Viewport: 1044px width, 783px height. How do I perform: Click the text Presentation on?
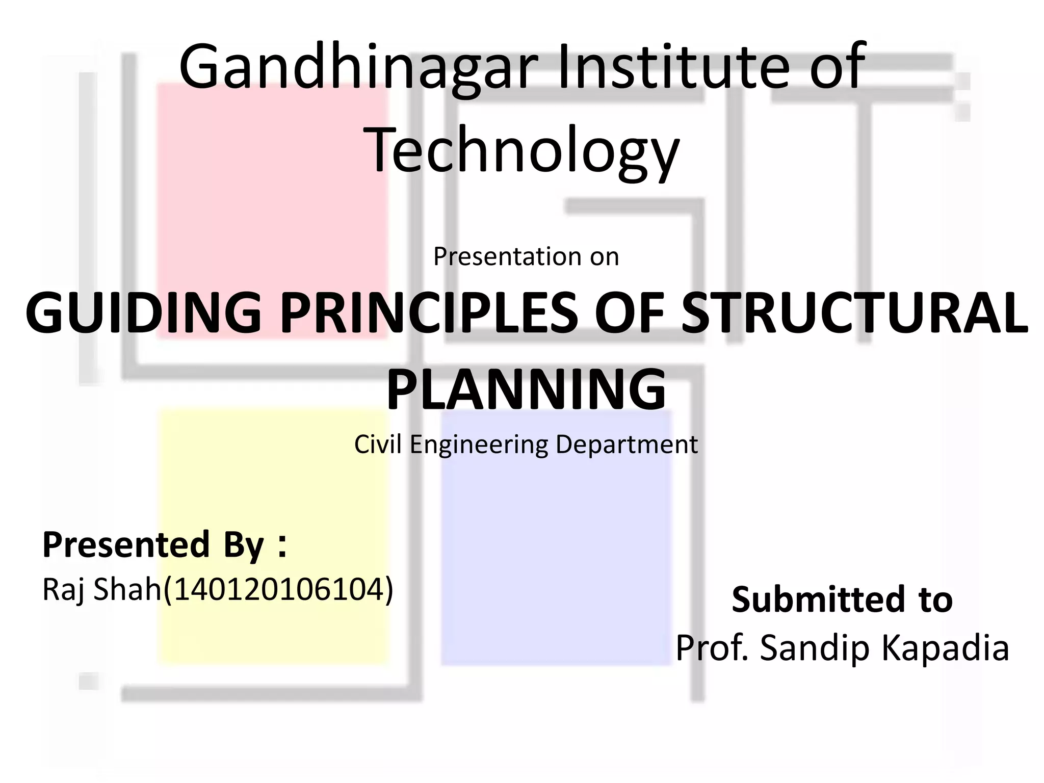pyautogui.click(x=526, y=256)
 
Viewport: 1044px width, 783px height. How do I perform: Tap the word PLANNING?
pyautogui.click(x=526, y=389)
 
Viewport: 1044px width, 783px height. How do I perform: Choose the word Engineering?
pyautogui.click(x=479, y=445)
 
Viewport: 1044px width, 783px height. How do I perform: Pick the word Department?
pyautogui.click(x=627, y=445)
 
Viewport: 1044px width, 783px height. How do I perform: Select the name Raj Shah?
pyautogui.click(x=101, y=590)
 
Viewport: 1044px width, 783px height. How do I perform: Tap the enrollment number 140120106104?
pyautogui.click(x=278, y=590)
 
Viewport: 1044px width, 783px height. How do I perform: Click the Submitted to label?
pyautogui.click(x=842, y=599)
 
